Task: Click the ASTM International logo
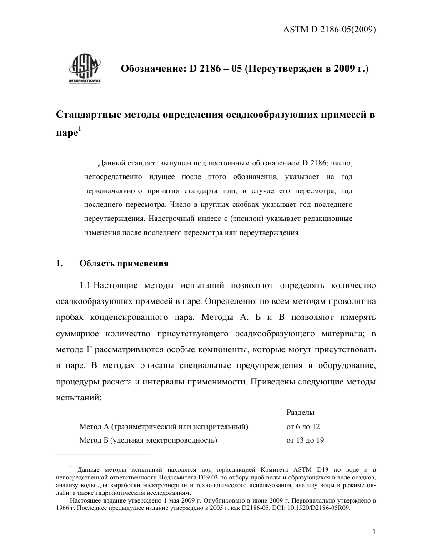coord(85,69)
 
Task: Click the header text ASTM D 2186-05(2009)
coord(329,30)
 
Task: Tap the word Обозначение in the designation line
coord(151,69)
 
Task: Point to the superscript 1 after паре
coord(80,131)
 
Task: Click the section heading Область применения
coord(124,264)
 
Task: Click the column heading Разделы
coord(301,413)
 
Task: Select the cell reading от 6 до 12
coord(303,427)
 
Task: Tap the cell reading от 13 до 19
coord(305,440)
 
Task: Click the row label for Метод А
coord(164,427)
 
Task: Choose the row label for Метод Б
coord(148,440)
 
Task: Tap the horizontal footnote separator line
coord(103,454)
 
